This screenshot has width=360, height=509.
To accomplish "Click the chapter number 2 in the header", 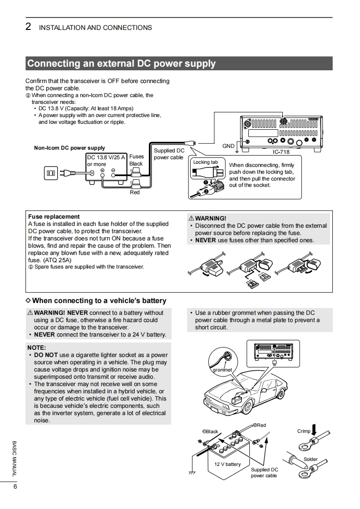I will click(x=28, y=27).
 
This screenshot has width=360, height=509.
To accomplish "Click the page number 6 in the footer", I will click(x=15, y=487).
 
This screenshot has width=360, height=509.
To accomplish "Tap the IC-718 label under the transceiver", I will click(x=281, y=152).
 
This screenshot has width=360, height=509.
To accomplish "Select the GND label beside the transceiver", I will click(x=228, y=146).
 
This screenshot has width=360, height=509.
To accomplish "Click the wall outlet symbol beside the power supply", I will click(x=50, y=172).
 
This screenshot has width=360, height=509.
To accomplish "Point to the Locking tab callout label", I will click(x=205, y=162).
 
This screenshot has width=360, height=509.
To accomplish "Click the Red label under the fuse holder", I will click(x=135, y=193).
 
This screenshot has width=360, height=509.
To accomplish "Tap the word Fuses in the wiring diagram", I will click(x=137, y=157).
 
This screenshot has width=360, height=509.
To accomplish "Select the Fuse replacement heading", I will click(x=54, y=217).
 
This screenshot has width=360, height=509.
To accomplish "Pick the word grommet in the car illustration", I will click(x=222, y=370).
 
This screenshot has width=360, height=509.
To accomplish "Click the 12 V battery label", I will click(x=227, y=464).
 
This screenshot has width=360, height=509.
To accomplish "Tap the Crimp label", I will click(x=304, y=431).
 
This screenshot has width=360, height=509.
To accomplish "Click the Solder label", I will click(x=311, y=459).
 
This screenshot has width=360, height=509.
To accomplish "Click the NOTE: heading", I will click(x=36, y=348).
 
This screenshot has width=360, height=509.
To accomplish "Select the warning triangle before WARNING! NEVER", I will click(x=30, y=313).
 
